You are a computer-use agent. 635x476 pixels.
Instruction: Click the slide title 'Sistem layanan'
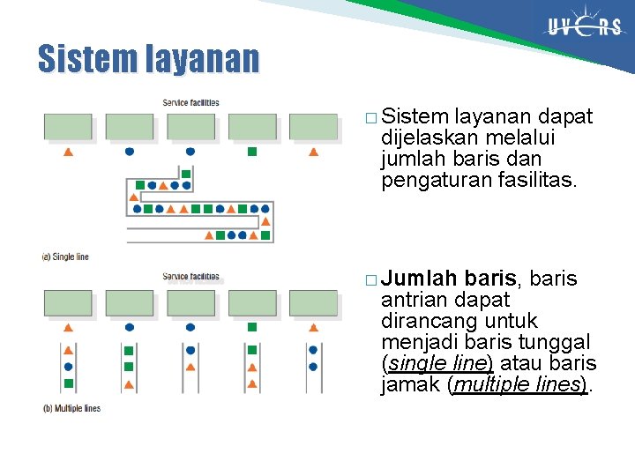coord(148,59)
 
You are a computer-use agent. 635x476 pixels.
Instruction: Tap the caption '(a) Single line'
coord(66,257)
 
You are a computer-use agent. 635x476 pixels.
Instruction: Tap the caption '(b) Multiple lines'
coord(71,408)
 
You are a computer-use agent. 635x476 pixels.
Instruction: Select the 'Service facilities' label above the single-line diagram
coord(190,103)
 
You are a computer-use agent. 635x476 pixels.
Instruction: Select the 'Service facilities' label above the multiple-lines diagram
coord(190,277)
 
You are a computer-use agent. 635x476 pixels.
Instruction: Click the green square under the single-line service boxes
coord(251,152)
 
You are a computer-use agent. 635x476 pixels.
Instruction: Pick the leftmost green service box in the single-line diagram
coord(68,127)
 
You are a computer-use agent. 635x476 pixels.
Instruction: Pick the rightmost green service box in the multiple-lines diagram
coord(313,303)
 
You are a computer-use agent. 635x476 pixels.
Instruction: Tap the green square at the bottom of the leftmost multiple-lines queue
coord(68,383)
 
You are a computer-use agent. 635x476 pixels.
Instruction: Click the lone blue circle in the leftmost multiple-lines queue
coord(68,366)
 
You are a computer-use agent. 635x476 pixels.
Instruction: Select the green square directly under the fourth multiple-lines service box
coord(251,350)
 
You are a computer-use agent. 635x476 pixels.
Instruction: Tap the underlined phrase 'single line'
coord(437,363)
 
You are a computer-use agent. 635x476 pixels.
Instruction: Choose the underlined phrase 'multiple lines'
coord(519,384)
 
